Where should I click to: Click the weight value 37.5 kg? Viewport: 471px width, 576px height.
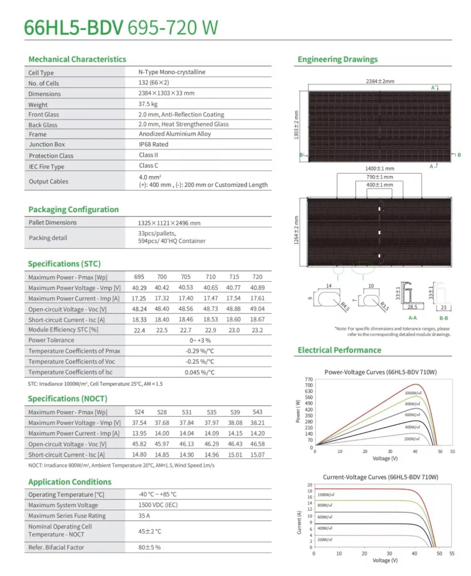148,104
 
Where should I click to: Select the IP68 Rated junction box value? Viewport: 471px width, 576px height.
153,144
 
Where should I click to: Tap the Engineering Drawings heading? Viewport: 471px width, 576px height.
338,59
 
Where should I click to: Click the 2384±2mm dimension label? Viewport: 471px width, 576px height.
380,81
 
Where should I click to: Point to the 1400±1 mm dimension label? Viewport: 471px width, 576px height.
380,168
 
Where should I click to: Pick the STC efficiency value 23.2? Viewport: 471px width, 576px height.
257,330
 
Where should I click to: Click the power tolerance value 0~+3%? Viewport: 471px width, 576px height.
200,340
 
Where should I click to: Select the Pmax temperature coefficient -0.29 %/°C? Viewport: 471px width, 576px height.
200,351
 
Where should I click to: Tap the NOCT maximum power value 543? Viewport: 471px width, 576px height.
257,412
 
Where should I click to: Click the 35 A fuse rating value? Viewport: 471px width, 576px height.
144,516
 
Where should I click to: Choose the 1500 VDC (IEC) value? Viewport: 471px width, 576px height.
158,505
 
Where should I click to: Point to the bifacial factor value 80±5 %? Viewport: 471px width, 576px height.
149,547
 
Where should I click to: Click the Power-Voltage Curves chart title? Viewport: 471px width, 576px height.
380,372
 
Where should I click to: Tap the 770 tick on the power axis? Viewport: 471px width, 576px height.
309,379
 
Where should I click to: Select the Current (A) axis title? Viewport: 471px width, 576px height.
299,522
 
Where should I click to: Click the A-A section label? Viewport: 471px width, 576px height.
413,318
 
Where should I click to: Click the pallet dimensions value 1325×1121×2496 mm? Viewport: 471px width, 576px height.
169,223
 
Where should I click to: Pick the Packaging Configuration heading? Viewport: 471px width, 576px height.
73,210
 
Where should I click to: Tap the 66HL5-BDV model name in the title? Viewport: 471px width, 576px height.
74,27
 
